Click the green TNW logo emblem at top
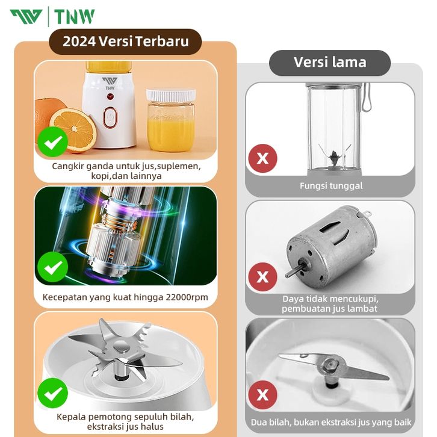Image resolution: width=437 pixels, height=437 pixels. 26,17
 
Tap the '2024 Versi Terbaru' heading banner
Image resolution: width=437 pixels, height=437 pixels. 125,42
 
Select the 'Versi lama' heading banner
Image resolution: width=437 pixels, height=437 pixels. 330,63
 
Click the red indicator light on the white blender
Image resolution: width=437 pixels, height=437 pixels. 110,97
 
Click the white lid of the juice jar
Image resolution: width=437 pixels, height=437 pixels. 171,95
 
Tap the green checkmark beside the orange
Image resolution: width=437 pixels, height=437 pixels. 53,141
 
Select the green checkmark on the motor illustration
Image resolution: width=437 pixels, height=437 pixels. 53,267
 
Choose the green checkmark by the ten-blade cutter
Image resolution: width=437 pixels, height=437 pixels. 53,393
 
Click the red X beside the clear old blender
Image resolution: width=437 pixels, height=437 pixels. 262,158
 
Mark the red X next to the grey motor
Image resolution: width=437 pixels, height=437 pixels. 262,277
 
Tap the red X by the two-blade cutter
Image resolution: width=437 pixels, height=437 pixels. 262,395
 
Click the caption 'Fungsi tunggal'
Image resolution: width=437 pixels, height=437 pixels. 331,185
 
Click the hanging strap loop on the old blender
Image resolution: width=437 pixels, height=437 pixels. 366,97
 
